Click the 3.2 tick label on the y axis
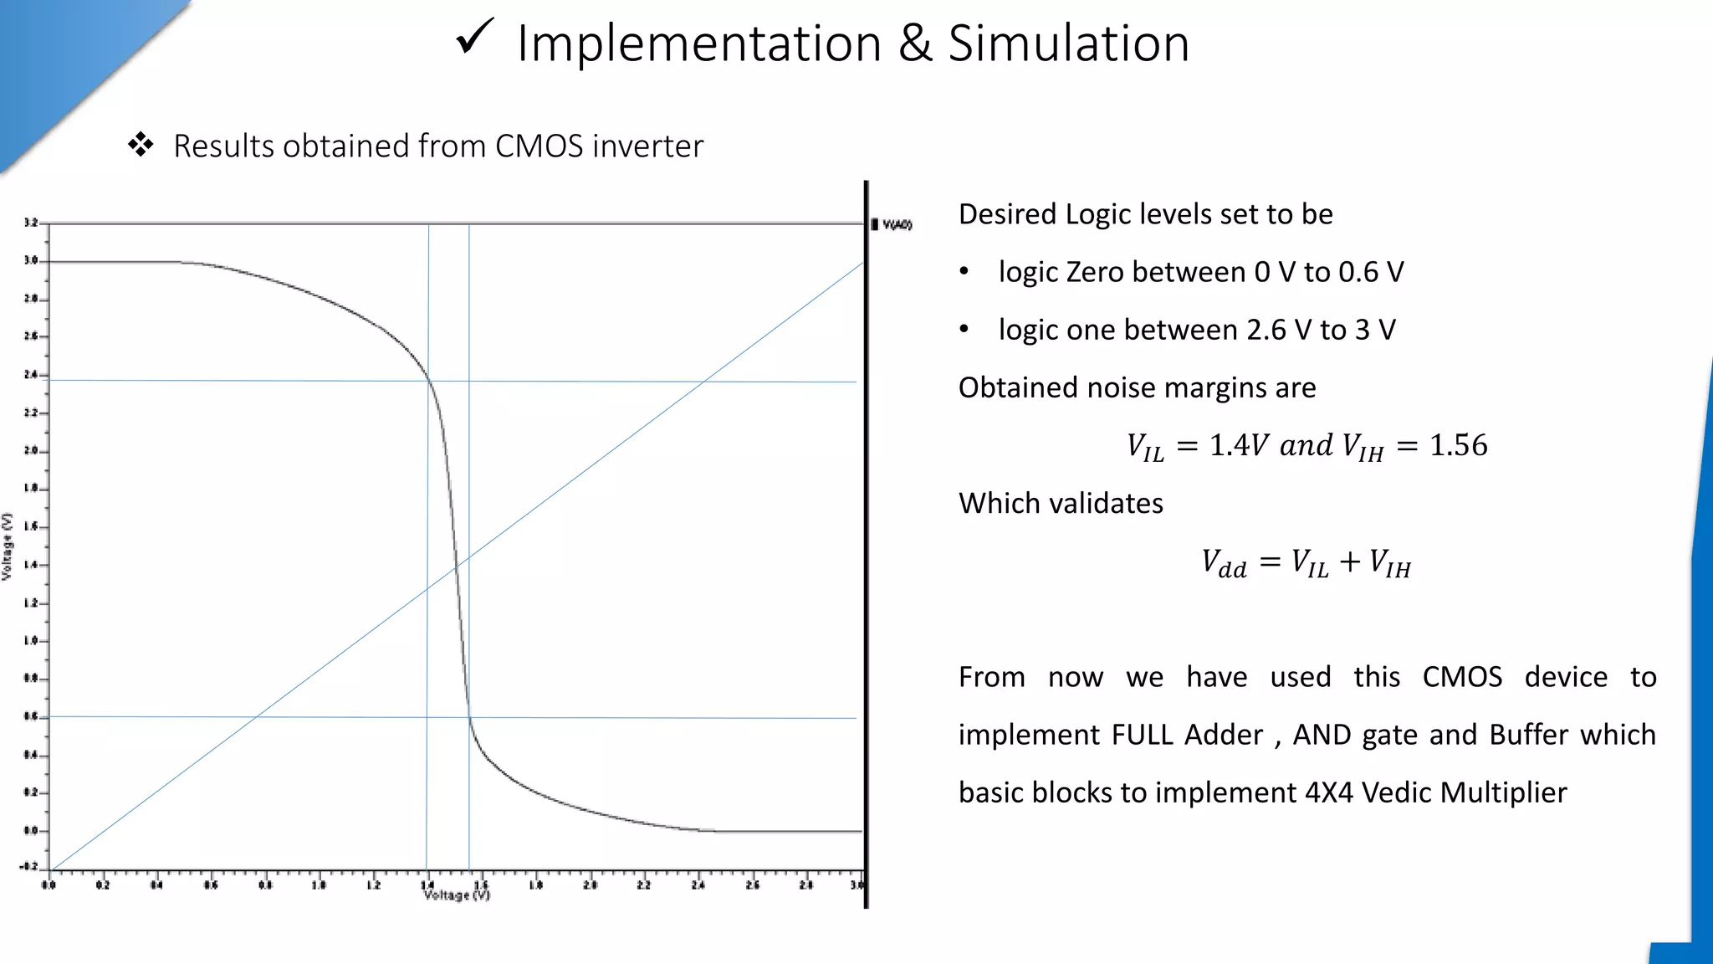coord(31,223)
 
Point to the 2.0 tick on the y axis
coord(31,451)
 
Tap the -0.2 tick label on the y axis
coord(28,866)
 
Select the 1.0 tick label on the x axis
coord(319,885)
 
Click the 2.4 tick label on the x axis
coord(698,885)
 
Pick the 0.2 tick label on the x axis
coord(102,885)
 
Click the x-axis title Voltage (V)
coord(457,895)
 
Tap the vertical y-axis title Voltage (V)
coord(8,546)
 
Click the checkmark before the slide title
coord(474,38)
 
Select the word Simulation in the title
coord(1068,44)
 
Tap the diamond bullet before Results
coord(141,145)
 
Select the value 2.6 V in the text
coord(1279,330)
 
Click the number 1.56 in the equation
coord(1458,445)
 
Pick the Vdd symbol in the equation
coord(1224,563)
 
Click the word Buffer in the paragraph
coord(1528,735)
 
